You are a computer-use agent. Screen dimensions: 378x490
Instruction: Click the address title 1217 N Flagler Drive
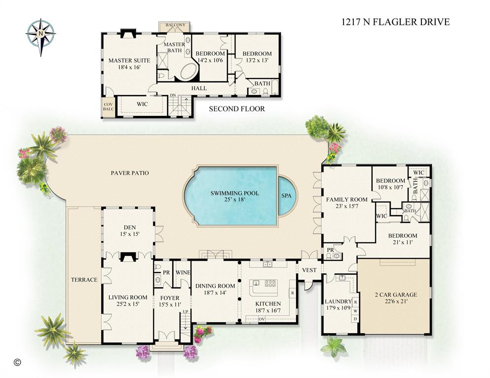(x=395, y=22)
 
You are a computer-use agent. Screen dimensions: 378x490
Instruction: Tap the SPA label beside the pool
(x=286, y=196)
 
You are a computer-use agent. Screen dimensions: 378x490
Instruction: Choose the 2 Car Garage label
(x=394, y=295)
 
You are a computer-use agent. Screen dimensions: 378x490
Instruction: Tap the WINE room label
(x=183, y=272)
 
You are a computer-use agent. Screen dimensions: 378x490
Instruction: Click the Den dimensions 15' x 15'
(x=128, y=234)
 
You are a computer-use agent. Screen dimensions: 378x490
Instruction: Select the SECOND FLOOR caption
(x=236, y=109)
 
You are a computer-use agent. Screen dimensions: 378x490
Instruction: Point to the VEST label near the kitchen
(x=309, y=270)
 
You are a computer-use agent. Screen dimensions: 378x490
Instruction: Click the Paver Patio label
(x=130, y=173)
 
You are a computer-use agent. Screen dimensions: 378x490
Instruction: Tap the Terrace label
(x=84, y=279)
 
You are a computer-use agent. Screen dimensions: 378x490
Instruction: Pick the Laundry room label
(x=338, y=301)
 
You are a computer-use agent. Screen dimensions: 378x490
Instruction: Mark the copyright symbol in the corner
(x=17, y=361)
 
